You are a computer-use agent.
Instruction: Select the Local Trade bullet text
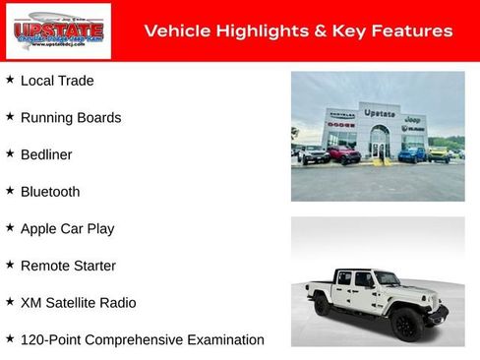[x=57, y=81]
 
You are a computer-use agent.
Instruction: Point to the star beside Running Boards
[x=10, y=116]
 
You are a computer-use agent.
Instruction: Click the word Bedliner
[x=46, y=154]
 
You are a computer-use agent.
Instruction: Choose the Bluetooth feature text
[x=50, y=192]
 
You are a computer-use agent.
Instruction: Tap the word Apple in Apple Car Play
[x=39, y=229]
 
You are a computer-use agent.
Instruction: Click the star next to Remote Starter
[x=10, y=265]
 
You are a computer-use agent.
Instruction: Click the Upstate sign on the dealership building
[x=379, y=113]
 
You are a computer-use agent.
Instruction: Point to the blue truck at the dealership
[x=412, y=154]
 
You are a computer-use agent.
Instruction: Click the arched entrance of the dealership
[x=379, y=145]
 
